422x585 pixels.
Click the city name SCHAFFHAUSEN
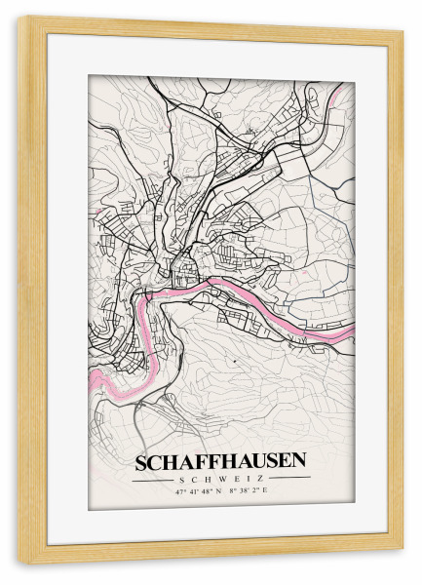220,460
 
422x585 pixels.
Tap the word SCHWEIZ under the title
220,478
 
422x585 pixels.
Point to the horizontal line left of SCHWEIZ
154,478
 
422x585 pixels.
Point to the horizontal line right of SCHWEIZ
287,478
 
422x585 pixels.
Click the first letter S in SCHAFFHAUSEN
142,460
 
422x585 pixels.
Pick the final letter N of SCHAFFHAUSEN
298,460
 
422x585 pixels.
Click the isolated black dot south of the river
235,361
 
